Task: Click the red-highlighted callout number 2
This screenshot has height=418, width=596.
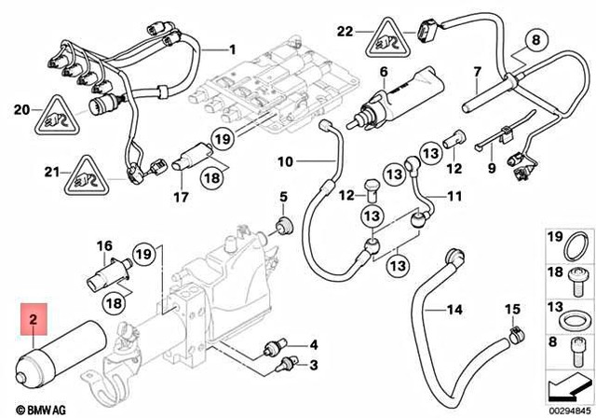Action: (34, 319)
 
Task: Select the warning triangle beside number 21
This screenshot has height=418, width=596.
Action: (86, 174)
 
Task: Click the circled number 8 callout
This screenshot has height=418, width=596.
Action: (535, 40)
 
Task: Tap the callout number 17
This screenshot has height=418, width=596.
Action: (182, 198)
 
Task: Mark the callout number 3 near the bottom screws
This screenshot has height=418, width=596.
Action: (315, 365)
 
